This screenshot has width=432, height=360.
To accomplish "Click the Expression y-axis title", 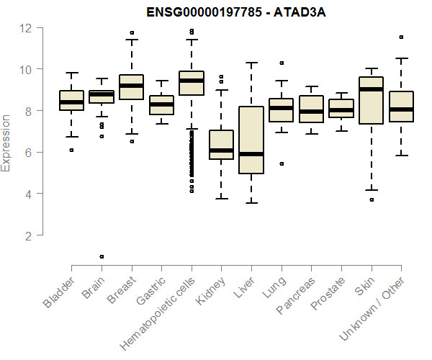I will point(6,142).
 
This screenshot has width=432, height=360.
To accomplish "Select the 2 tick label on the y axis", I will point(28,235).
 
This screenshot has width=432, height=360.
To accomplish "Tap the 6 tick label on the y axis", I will point(28,153).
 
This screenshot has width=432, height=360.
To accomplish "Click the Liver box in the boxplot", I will point(251,140).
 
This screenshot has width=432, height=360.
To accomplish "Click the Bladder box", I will point(71,100).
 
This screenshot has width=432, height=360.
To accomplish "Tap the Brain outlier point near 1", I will point(102,256).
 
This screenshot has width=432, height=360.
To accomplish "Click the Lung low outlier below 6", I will point(282,163).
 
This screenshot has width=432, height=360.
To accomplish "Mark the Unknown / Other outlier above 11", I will point(401,37).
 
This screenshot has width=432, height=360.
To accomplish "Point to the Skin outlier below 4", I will point(372,199).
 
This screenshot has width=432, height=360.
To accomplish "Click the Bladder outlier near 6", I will point(71,150).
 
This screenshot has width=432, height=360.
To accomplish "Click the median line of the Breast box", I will point(131,86).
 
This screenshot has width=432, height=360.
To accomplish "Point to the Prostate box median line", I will point(341,110).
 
